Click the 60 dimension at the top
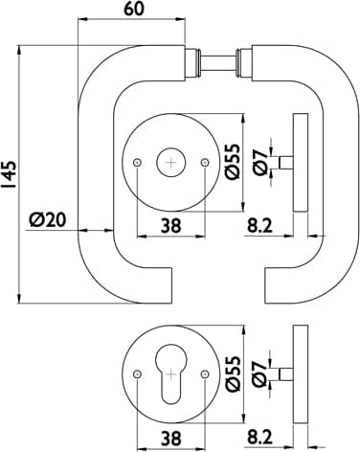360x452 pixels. click(134, 9)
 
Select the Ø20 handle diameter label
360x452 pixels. click(47, 219)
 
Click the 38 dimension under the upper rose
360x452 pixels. click(170, 226)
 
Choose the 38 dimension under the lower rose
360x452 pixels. click(170, 438)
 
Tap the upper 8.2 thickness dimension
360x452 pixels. click(259, 226)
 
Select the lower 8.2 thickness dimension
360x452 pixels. click(259, 438)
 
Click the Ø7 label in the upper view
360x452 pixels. click(259, 162)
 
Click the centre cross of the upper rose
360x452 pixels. click(171, 163)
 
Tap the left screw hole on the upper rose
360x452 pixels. click(137, 163)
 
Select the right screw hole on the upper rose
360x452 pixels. click(205, 163)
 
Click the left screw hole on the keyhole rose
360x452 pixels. click(137, 373)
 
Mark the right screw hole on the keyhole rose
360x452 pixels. click(205, 373)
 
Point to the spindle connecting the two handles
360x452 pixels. click(218, 62)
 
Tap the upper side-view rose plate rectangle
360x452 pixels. click(301, 163)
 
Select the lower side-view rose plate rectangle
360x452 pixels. click(301, 374)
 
